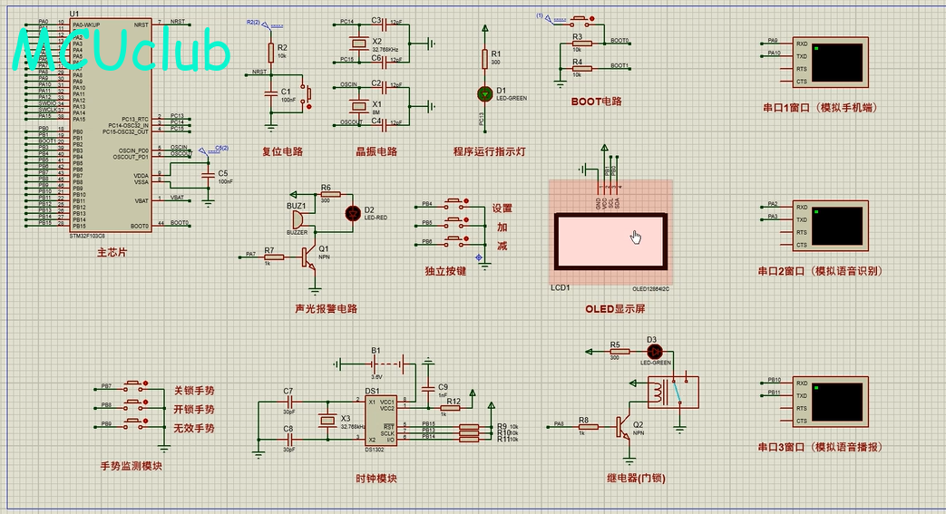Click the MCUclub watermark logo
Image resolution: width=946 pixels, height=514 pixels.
click(122, 51)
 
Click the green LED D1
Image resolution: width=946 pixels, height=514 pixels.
click(483, 92)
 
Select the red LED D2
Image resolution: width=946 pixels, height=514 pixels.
click(352, 213)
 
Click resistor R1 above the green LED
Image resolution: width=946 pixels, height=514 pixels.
click(483, 58)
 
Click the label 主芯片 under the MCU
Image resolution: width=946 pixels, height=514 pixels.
click(112, 252)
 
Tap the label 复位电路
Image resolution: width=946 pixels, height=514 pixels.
click(282, 151)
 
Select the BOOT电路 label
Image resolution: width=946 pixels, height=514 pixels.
click(596, 102)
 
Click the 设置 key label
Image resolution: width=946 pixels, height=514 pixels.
click(502, 208)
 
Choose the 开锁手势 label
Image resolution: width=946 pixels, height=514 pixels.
click(194, 409)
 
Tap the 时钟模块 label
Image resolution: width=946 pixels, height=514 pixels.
click(375, 479)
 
